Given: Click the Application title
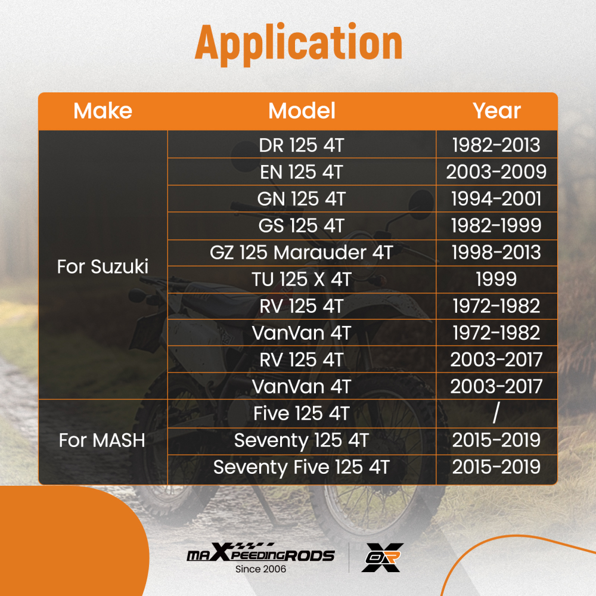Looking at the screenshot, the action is pos(299,44).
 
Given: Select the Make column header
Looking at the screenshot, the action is pos(103,111).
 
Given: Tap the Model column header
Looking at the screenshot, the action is pos(302,111).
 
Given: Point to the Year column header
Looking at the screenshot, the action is pos(496,111).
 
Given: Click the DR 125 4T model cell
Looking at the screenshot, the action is pos(302,145).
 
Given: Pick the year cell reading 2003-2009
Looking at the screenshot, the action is pos(496,172).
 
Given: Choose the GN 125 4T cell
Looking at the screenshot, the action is pos(302,199).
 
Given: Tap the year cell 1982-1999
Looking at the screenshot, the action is pos(496,225).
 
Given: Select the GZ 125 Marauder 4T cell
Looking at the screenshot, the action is pos(302,252).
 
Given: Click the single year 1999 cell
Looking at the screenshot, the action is pos(496,279).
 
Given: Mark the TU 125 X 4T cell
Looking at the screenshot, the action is pos(302,279).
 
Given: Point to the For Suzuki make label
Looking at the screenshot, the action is pos(103,266).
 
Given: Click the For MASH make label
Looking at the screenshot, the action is pos(102,440).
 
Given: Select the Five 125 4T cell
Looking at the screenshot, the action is pos(302,413).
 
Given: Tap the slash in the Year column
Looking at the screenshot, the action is pos(496,413).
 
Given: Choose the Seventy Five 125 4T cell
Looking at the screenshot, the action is pos(302,467).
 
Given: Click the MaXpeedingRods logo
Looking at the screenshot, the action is pos(260,554).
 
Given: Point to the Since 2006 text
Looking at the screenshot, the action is pos(261,569).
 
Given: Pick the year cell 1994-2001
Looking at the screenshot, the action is pos(496,199).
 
